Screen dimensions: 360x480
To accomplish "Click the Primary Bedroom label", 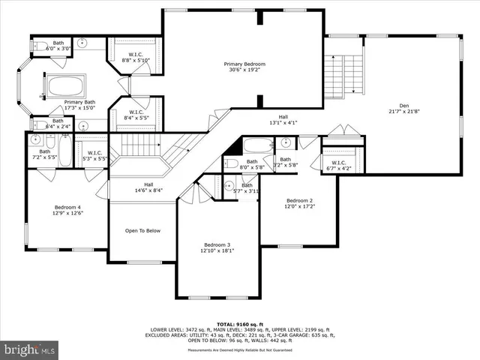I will click(x=244, y=68).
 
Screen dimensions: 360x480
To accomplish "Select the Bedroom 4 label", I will click(x=67, y=211).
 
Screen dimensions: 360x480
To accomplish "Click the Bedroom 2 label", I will click(x=299, y=204).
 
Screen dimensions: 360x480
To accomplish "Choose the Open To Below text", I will click(x=142, y=231).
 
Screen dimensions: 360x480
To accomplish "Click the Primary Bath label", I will click(x=79, y=105).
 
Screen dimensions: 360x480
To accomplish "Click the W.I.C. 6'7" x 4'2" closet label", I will click(x=338, y=165).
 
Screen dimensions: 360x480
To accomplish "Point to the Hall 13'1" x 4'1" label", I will click(x=283, y=120).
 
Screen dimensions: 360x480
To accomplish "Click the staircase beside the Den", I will click(x=343, y=75).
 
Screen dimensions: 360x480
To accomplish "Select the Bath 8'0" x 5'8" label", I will click(x=252, y=164).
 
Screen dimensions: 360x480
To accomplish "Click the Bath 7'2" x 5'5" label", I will click(x=44, y=154).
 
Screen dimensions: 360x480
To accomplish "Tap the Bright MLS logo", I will click(x=29, y=349).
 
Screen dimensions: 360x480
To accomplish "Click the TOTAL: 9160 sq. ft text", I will click(x=240, y=322).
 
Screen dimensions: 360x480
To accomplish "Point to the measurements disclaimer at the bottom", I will click(x=240, y=350).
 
